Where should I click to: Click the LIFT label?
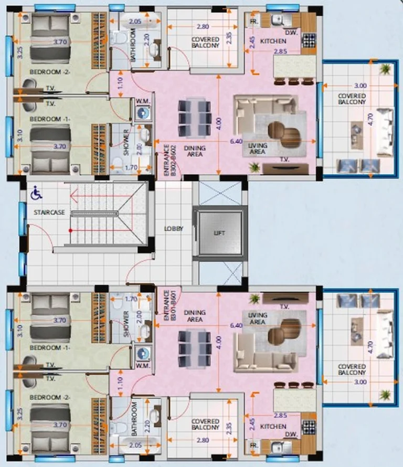click(219, 233)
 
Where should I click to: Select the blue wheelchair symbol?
click(36, 194)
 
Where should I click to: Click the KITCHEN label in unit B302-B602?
click(274, 41)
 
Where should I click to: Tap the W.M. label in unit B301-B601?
click(142, 365)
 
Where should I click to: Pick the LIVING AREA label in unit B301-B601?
click(257, 319)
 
